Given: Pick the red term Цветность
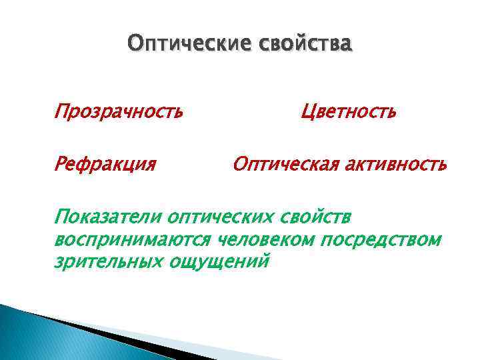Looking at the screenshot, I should pyautogui.click(x=349, y=111).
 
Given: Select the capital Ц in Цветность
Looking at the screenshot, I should pyautogui.click(x=308, y=111).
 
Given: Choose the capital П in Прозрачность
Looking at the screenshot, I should pyautogui.click(x=61, y=111).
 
